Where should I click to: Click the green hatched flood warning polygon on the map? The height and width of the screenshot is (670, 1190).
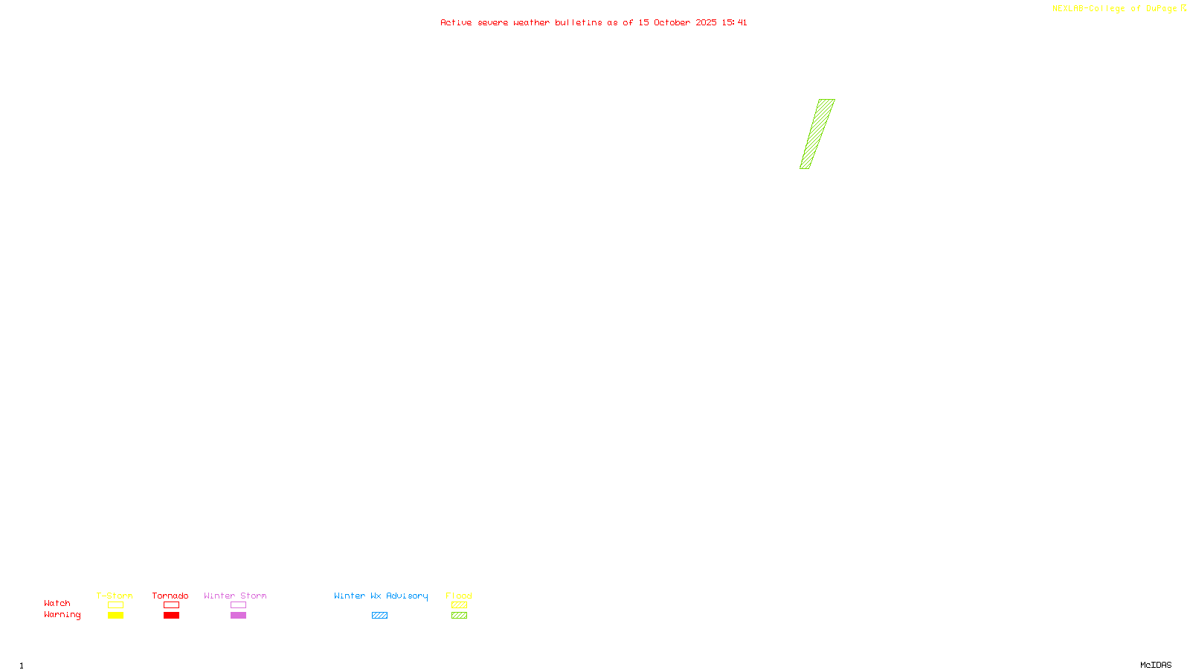pyautogui.click(x=817, y=134)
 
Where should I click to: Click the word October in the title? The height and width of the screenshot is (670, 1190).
pyautogui.click(x=672, y=22)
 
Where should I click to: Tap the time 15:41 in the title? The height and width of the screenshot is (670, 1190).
pyautogui.click(x=734, y=22)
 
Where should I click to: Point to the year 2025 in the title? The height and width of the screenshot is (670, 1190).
pyautogui.click(x=707, y=22)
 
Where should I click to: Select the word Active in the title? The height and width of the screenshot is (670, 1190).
pyautogui.click(x=456, y=22)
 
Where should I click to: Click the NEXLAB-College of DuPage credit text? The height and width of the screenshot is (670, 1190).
pyautogui.click(x=1114, y=8)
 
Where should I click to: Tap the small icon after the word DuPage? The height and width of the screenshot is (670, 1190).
pyautogui.click(x=1183, y=8)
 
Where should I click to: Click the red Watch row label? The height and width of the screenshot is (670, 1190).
pyautogui.click(x=57, y=603)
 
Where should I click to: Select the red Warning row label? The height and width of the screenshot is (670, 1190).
pyautogui.click(x=62, y=615)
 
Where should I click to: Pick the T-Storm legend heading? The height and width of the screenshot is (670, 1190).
pyautogui.click(x=115, y=596)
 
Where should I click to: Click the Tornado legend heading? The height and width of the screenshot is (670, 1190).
pyautogui.click(x=170, y=596)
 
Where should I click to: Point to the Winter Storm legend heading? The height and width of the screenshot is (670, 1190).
pyautogui.click(x=235, y=596)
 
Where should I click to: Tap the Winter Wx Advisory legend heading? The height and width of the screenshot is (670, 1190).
pyautogui.click(x=381, y=596)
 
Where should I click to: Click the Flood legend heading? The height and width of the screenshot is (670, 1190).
pyautogui.click(x=459, y=596)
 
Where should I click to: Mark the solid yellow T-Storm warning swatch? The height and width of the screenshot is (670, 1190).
pyautogui.click(x=115, y=616)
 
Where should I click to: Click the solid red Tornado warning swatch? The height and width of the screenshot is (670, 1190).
pyautogui.click(x=171, y=616)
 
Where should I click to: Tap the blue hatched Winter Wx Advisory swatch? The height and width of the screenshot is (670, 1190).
pyautogui.click(x=379, y=616)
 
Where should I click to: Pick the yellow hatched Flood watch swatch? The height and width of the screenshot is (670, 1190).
pyautogui.click(x=459, y=605)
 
